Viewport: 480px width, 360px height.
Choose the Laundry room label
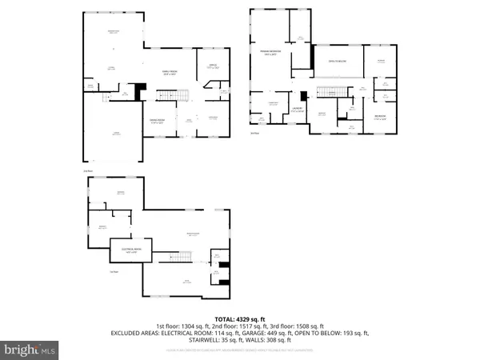(x=298, y=110)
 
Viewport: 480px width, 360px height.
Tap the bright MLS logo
(x=30, y=350)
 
